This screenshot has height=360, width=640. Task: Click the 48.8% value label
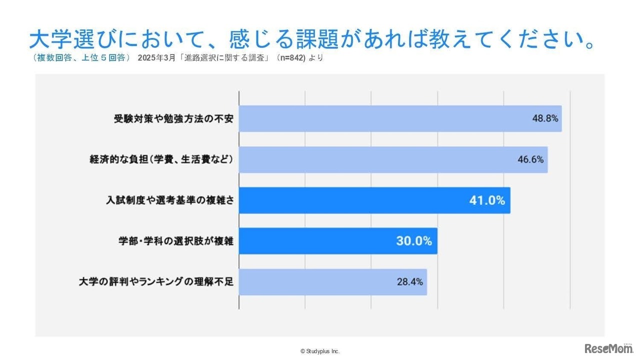544,119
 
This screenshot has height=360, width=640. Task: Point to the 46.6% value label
530,160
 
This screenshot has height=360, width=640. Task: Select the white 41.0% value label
486,200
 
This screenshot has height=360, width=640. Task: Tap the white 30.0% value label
413,241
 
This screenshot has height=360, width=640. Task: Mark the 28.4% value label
409,281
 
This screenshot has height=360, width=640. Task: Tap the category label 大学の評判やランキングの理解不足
156,281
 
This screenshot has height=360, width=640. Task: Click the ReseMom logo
608,348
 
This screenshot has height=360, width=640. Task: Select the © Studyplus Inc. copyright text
320,351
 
